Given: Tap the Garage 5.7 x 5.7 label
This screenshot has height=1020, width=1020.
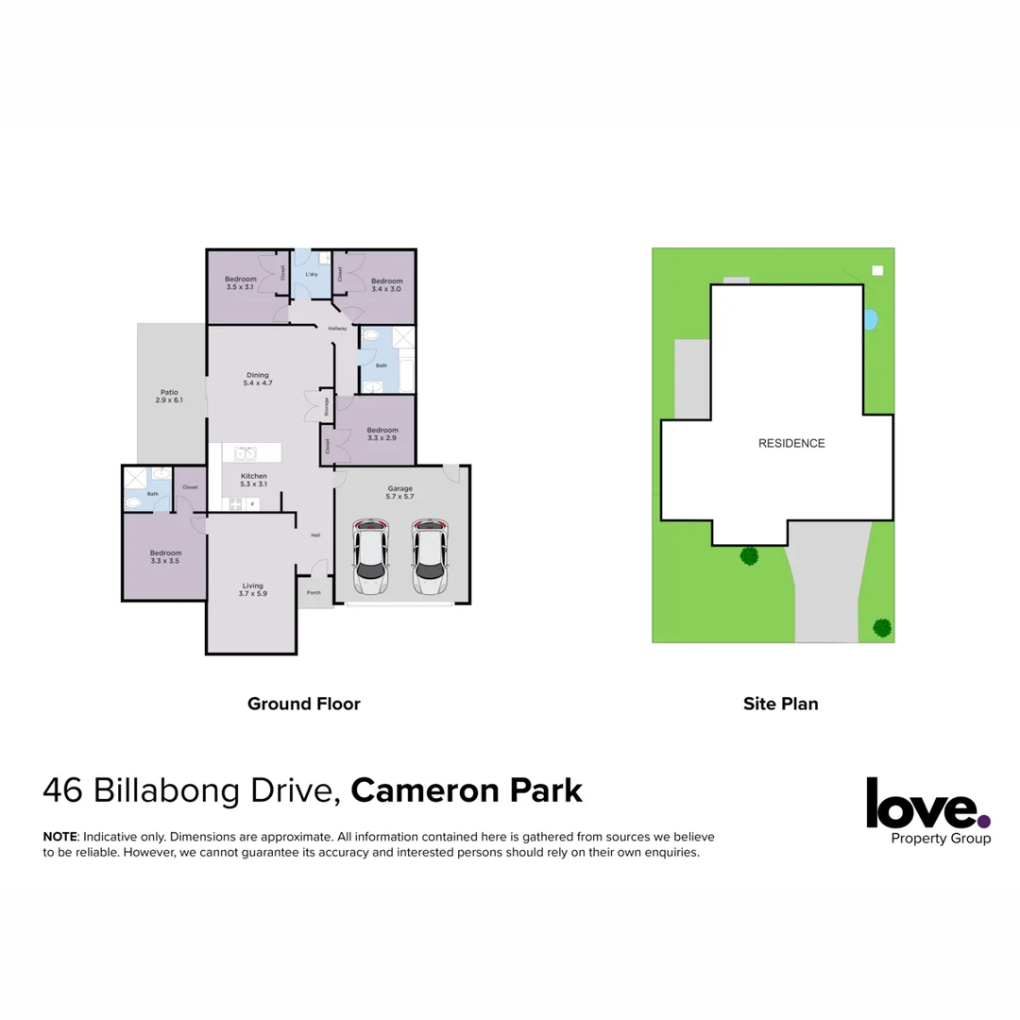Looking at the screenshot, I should click(x=400, y=492).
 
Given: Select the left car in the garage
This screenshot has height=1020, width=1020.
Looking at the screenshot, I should click(x=370, y=556).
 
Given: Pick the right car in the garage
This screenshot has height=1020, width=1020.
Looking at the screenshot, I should click(x=430, y=556).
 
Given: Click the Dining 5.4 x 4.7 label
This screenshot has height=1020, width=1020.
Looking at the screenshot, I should click(x=258, y=379).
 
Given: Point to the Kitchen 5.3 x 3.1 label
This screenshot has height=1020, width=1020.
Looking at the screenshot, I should click(x=254, y=480).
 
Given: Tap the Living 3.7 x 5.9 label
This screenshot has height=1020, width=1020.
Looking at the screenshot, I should click(x=252, y=589).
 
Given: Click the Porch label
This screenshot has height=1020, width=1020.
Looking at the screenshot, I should click(x=314, y=593).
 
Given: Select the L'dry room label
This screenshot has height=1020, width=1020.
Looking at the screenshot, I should click(x=311, y=275).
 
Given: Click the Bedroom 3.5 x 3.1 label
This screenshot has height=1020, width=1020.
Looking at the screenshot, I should click(x=241, y=282).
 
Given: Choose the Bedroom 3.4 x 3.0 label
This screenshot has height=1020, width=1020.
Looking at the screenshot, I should click(x=386, y=285).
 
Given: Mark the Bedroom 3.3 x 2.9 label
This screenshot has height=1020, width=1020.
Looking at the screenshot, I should click(x=382, y=434).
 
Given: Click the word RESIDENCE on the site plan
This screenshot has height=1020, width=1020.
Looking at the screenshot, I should click(x=791, y=443).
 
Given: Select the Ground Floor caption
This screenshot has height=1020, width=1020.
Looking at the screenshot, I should click(x=304, y=704).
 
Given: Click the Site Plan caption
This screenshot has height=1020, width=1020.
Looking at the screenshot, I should click(x=780, y=704).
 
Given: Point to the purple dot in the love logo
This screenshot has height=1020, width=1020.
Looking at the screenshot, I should click(x=984, y=821).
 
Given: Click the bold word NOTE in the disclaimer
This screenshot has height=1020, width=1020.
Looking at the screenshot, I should click(x=60, y=838).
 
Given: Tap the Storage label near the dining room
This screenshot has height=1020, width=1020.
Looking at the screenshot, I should click(x=327, y=406).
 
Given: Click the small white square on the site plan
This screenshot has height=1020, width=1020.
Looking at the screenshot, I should click(x=877, y=271).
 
